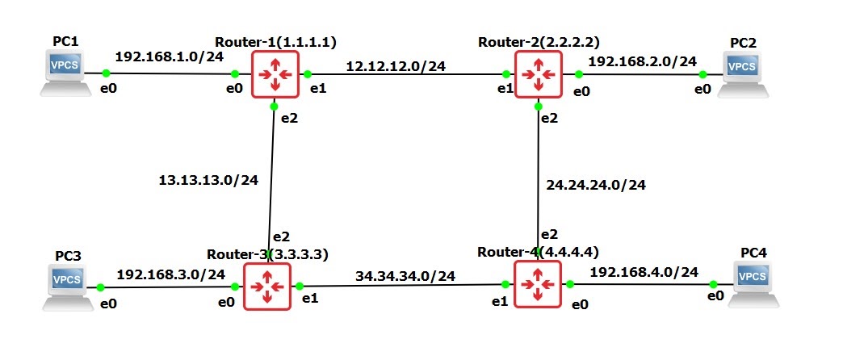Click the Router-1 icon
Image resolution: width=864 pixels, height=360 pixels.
275,74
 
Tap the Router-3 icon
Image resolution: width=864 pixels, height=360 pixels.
267,286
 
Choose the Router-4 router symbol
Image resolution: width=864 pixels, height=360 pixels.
536,283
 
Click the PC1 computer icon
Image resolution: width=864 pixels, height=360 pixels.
66,72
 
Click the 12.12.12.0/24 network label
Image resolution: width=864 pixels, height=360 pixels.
396,66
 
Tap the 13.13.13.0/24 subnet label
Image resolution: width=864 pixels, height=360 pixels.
208,179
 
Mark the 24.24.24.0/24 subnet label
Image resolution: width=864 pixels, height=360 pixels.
596,185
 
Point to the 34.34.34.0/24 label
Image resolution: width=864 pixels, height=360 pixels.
405,276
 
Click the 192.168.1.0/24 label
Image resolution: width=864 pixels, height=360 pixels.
170,57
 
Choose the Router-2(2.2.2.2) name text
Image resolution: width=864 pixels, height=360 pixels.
539,40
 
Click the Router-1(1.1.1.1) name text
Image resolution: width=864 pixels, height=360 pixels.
275,40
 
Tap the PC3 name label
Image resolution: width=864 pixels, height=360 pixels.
68,256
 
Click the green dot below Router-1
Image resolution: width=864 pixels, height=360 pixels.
275,106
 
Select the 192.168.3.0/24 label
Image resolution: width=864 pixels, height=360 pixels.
171,274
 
